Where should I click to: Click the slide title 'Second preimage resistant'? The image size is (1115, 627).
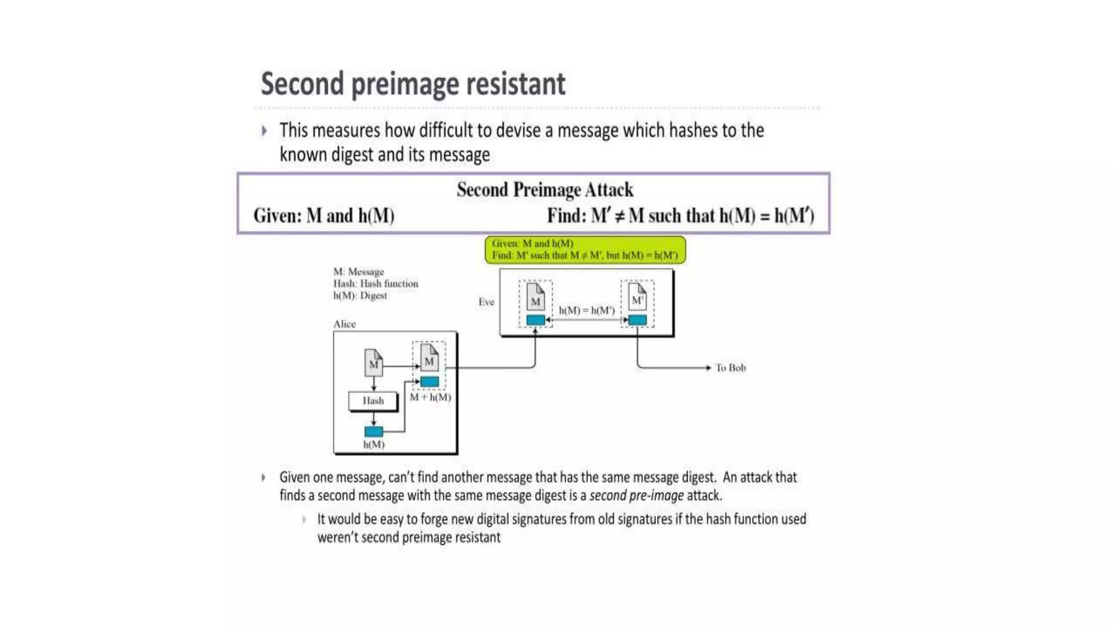(x=413, y=84)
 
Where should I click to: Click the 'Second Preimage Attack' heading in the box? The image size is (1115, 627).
(x=544, y=189)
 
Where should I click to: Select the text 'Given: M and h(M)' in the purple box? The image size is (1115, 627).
(x=323, y=216)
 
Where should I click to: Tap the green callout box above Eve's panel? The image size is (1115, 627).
(x=585, y=249)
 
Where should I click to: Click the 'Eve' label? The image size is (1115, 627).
(x=486, y=302)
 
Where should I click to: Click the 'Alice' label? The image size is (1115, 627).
(x=344, y=324)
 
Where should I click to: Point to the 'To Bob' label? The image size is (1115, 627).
(x=730, y=368)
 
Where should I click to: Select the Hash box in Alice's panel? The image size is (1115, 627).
(x=373, y=401)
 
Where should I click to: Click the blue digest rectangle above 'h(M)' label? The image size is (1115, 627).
(x=373, y=432)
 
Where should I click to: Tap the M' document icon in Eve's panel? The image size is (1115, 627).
(x=638, y=297)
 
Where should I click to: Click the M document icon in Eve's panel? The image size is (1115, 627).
(x=536, y=298)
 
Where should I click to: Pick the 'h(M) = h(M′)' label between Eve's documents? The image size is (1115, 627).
(x=586, y=310)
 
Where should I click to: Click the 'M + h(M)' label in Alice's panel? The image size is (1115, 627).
(x=430, y=397)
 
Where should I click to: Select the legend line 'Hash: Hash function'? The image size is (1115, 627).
(x=376, y=284)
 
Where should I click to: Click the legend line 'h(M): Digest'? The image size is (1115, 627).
(x=360, y=296)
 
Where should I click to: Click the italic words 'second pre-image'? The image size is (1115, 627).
(x=636, y=496)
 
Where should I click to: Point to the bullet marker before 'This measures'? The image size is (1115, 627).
(x=264, y=131)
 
